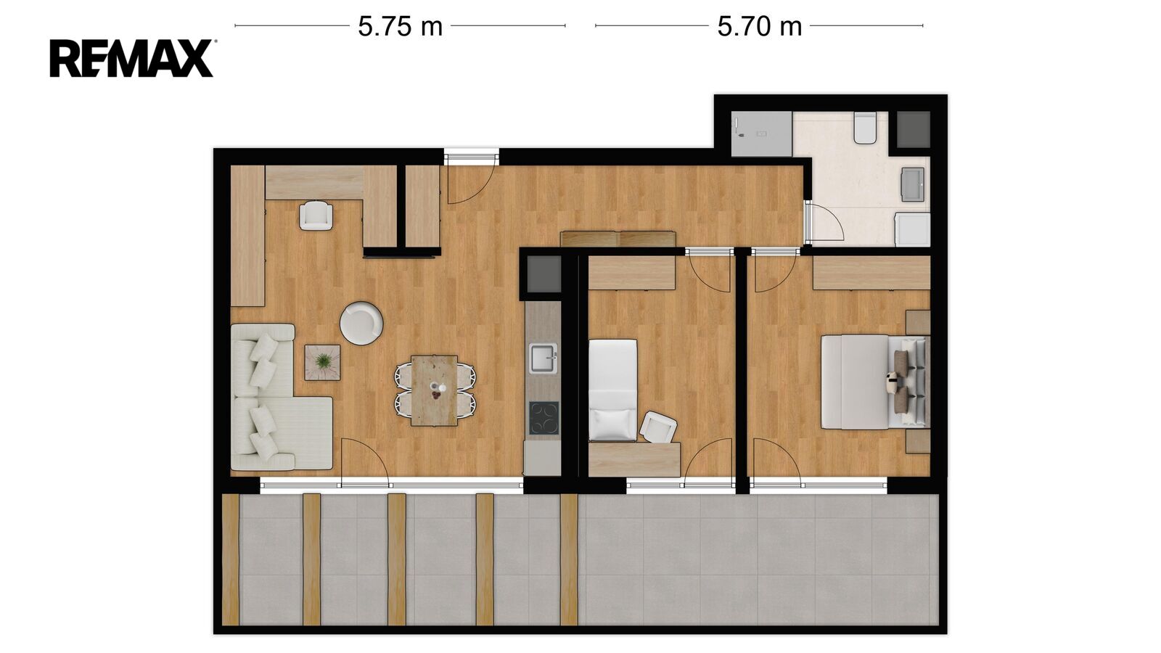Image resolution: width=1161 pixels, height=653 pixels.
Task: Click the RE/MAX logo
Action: click(x=131, y=59)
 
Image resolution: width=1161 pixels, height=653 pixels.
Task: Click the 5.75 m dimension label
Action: click(x=400, y=26)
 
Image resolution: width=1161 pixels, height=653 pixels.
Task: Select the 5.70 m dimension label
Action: click(x=759, y=26)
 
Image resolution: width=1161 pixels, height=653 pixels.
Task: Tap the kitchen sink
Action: click(x=543, y=358)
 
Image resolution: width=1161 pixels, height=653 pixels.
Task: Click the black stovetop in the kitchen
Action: click(x=543, y=418)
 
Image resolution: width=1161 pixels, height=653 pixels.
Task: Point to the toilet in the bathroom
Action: click(x=865, y=128)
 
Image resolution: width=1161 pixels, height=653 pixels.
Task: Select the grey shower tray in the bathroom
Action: click(x=761, y=134)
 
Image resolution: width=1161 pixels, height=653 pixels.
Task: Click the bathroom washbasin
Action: click(x=913, y=184)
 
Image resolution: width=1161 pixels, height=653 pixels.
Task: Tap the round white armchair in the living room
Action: click(x=361, y=323)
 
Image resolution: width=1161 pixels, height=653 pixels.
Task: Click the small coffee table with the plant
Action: click(x=322, y=363)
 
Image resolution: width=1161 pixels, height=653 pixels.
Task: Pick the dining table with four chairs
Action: click(x=435, y=390)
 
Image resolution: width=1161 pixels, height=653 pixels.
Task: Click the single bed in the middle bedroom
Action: click(x=613, y=390)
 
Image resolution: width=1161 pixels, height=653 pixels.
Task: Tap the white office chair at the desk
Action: click(x=316, y=215)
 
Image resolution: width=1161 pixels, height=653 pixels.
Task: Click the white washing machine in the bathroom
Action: click(x=913, y=230)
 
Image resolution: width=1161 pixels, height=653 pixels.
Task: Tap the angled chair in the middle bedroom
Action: click(x=658, y=427)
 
